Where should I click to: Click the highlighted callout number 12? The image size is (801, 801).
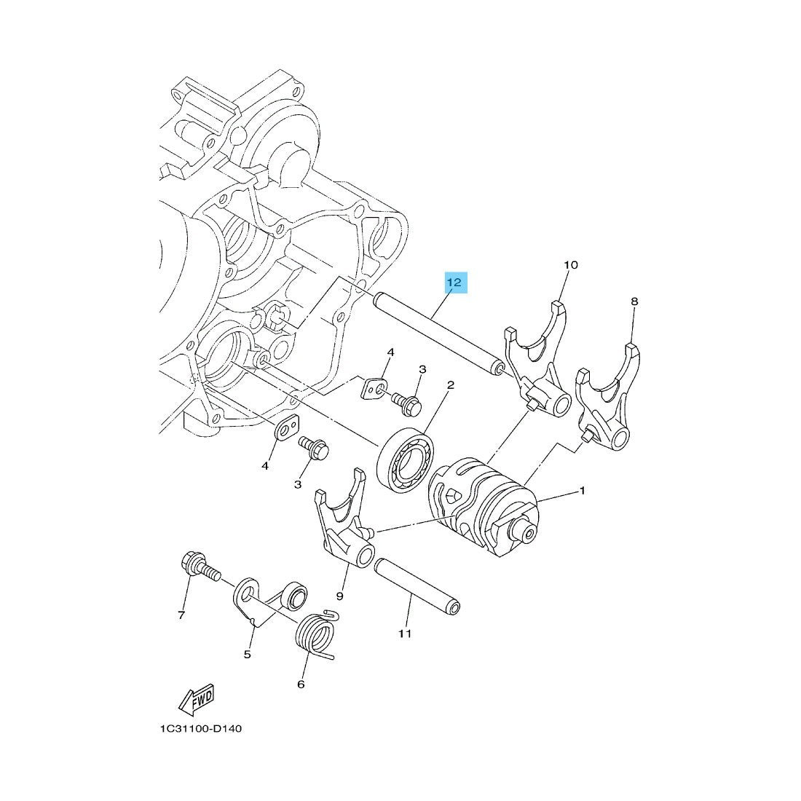point(454,282)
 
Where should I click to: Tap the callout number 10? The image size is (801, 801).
point(571,264)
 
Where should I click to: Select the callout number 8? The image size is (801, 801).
point(634,301)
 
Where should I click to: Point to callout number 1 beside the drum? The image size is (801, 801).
point(582,491)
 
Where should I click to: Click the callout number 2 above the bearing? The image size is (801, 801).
point(451,384)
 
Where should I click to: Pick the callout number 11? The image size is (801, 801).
point(405,634)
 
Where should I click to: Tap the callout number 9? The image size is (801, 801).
point(340,596)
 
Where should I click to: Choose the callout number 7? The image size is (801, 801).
point(181,615)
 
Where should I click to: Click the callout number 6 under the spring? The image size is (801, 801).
point(300,684)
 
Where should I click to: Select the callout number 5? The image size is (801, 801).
point(248,655)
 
